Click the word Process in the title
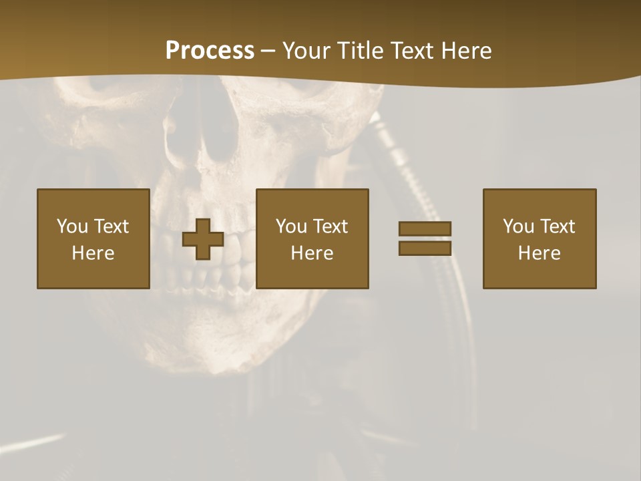[210, 51]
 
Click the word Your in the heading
[306, 51]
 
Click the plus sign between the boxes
[203, 239]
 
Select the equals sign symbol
[425, 238]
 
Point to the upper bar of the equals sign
[425, 229]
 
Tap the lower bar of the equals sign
[425, 248]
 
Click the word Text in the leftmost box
[112, 226]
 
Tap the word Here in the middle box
[312, 253]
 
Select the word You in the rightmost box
[518, 226]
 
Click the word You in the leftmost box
[72, 226]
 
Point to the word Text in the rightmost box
[558, 226]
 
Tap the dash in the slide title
[268, 51]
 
